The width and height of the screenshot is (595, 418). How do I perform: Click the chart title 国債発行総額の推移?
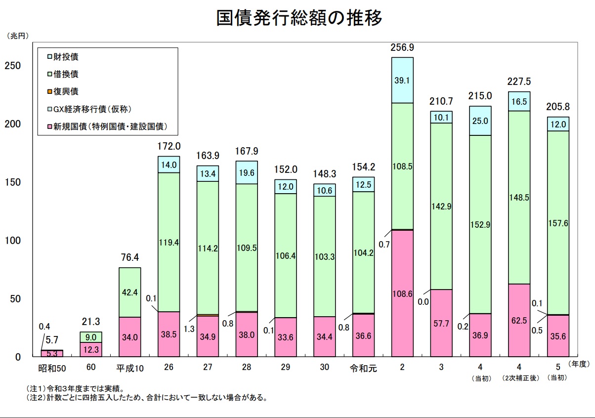pyautogui.click(x=299, y=18)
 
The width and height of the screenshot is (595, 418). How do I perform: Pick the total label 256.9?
pyautogui.click(x=402, y=48)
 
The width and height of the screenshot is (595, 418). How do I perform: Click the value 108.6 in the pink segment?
pyautogui.click(x=402, y=293)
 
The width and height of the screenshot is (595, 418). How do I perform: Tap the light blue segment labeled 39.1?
pyautogui.click(x=402, y=81)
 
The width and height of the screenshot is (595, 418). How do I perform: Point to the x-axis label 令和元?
pyautogui.click(x=363, y=368)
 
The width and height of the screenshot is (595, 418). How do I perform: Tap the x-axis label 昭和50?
pyautogui.click(x=52, y=368)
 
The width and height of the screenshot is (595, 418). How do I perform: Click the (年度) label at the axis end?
pyautogui.click(x=579, y=364)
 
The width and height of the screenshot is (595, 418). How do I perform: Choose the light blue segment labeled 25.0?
pyautogui.click(x=480, y=121)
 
